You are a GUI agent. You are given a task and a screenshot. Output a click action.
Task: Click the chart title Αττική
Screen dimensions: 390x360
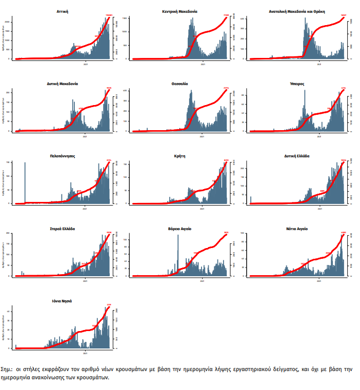(63, 11)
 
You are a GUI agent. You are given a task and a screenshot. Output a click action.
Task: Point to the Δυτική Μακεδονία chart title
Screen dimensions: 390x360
(62, 83)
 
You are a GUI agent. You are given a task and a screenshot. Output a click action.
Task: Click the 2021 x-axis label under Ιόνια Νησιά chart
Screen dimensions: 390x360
(85, 353)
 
